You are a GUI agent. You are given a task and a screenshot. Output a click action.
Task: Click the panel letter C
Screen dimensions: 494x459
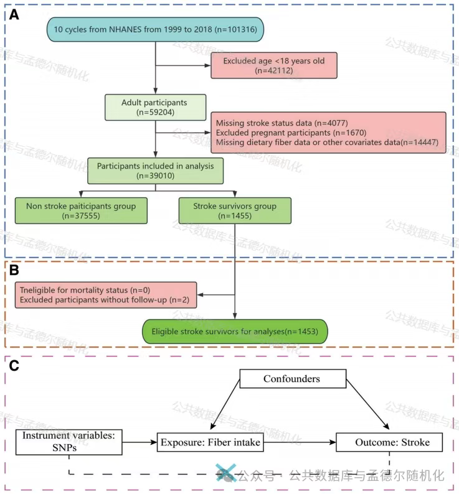point(13,365)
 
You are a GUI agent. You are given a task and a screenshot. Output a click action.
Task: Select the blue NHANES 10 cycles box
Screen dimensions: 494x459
point(154,29)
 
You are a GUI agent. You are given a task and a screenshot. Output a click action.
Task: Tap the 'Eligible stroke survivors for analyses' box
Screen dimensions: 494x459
point(235,332)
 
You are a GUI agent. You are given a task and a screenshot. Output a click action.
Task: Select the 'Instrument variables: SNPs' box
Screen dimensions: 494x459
point(68,442)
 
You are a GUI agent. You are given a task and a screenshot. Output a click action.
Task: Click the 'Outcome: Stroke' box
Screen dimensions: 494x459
point(390,442)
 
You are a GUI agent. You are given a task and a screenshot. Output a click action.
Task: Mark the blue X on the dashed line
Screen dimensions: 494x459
point(225,473)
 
